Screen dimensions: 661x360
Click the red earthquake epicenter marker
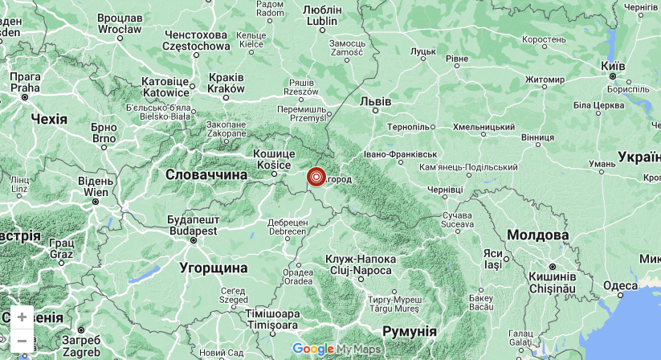[x=316, y=177]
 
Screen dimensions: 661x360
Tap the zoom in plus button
[x=22, y=317]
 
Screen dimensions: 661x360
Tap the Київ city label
[x=613, y=66]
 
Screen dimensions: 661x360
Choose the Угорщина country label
[x=213, y=268]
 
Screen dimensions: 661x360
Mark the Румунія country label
[x=409, y=331]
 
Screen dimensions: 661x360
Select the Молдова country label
[x=538, y=235]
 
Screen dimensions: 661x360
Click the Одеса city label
[x=620, y=285]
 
